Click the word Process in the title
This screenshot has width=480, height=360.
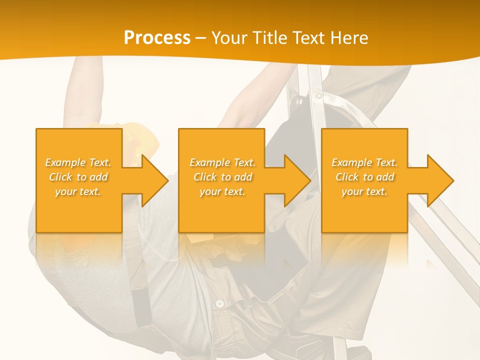click(157, 38)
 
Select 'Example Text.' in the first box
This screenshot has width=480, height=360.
click(78, 162)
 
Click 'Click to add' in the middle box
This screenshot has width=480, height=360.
click(222, 177)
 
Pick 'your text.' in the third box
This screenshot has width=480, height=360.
click(364, 191)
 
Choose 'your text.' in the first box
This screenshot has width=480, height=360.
click(78, 191)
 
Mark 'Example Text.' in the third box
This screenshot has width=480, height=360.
click(364, 162)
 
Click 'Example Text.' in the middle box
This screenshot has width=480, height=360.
click(222, 162)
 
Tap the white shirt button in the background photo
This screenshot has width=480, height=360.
click(219, 303)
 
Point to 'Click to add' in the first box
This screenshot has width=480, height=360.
click(78, 177)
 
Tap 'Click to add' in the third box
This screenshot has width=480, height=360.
click(364, 177)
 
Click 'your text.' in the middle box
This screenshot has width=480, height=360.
click(222, 191)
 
